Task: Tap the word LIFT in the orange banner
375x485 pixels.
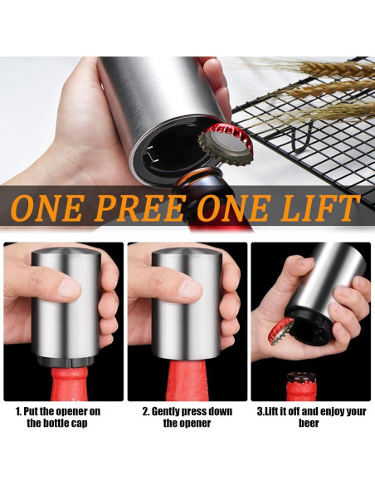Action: click(320, 208)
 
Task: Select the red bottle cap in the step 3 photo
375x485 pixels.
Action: click(280, 331)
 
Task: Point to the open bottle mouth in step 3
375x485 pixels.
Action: click(301, 378)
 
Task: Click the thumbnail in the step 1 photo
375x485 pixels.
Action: click(69, 287)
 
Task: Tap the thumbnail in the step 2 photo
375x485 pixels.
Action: click(189, 288)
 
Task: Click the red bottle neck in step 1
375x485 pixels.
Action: click(70, 384)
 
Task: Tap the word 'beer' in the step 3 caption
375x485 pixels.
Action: click(309, 423)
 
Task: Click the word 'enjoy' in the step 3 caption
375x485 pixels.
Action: click(333, 412)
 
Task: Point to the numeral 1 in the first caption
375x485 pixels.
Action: click(18, 411)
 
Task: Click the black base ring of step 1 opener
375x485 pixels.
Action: click(66, 360)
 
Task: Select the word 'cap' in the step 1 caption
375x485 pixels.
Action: click(80, 424)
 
